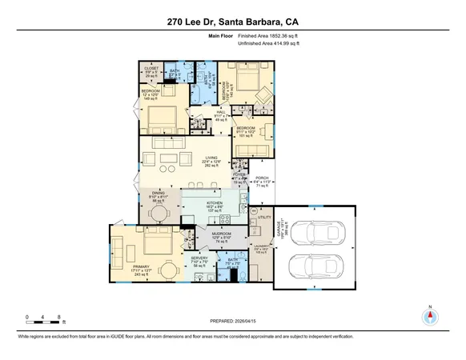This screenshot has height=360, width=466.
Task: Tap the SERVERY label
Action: click(x=199, y=260)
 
